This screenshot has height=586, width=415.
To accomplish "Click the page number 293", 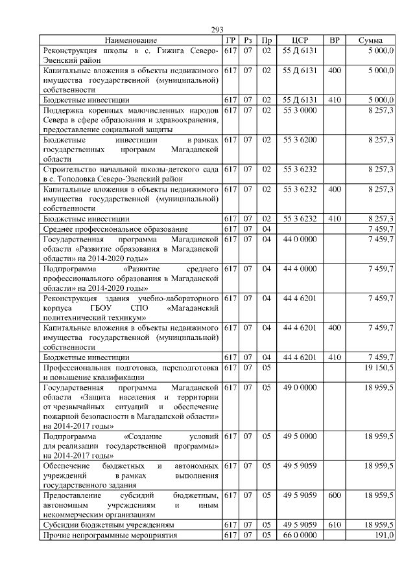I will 217,30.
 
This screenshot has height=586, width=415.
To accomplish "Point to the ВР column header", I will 334,40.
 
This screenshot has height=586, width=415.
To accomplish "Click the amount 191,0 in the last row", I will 385,535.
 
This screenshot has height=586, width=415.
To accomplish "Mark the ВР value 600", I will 335,495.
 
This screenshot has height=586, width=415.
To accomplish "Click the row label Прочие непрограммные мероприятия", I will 108,535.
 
